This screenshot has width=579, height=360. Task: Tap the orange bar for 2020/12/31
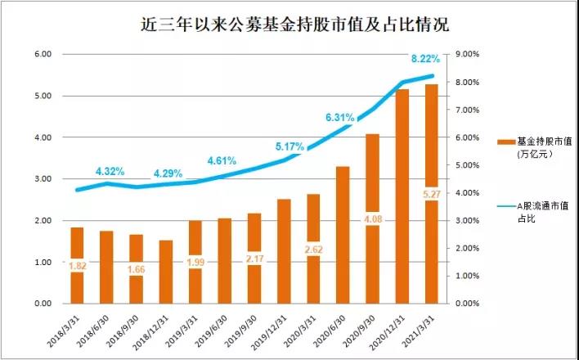tap(402, 196)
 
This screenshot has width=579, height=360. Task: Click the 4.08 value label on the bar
tap(372, 219)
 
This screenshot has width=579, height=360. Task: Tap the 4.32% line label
tap(110, 171)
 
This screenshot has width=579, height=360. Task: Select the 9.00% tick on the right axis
tap(466, 54)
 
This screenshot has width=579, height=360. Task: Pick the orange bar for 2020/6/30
tap(343, 235)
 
